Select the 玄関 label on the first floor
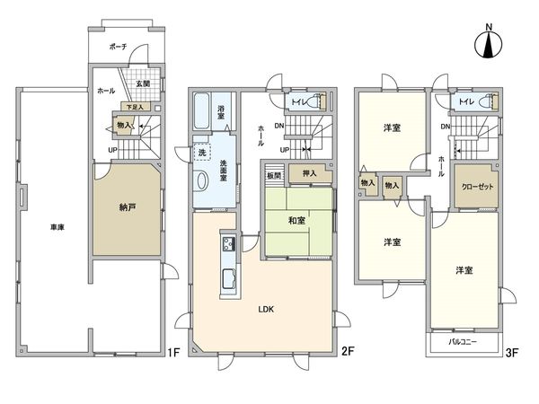pos(143,84)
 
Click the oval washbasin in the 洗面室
pos(202,179)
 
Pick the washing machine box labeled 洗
pos(203,153)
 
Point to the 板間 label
pos(273,176)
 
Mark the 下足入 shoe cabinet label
pos(134,107)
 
